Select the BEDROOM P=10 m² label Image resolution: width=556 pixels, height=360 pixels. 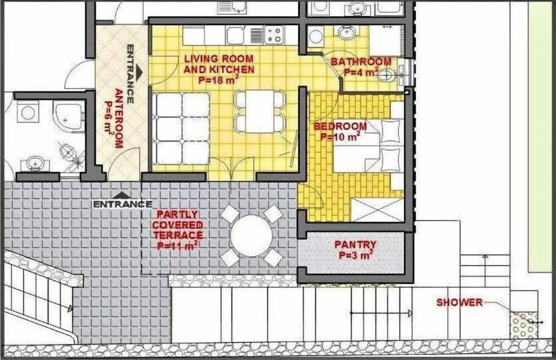(340, 131)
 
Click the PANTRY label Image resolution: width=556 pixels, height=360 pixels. (355, 249)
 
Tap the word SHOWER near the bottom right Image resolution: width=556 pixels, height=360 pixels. (459, 303)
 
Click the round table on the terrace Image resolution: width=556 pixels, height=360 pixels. (251, 236)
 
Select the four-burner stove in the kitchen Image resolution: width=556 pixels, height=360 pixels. (274, 36)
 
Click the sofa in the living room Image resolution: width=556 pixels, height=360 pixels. (181, 129)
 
